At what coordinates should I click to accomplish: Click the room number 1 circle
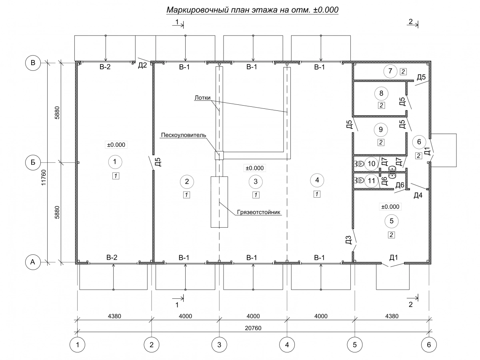click(115, 162)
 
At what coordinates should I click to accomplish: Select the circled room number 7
click(390, 72)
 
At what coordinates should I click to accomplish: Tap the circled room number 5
click(391, 220)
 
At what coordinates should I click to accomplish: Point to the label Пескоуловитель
click(184, 135)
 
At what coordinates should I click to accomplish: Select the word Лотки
click(203, 97)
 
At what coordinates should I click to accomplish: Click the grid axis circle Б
click(33, 162)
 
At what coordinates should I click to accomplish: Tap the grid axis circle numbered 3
click(219, 344)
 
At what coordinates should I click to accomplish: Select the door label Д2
click(142, 66)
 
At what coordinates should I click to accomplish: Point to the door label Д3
click(348, 240)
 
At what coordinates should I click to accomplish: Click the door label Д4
click(418, 195)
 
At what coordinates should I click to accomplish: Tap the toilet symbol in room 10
click(359, 164)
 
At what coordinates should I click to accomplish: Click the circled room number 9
click(380, 129)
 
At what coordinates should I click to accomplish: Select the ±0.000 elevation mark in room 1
click(116, 145)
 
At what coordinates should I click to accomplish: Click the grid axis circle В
click(33, 63)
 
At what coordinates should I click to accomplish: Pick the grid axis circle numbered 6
click(429, 344)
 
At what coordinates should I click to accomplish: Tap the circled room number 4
click(317, 180)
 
